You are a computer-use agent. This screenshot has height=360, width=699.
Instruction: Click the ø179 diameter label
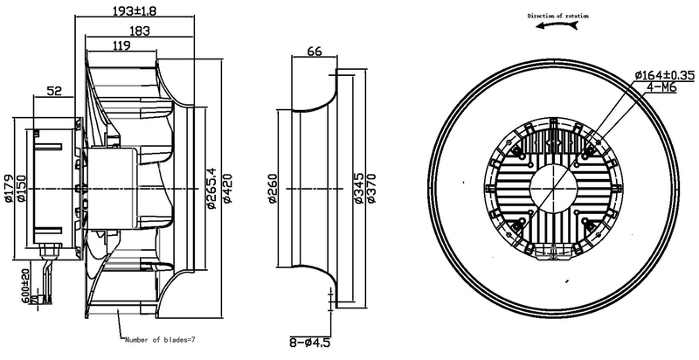tap(9, 187)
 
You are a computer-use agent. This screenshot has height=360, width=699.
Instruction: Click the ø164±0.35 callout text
tap(659, 74)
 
